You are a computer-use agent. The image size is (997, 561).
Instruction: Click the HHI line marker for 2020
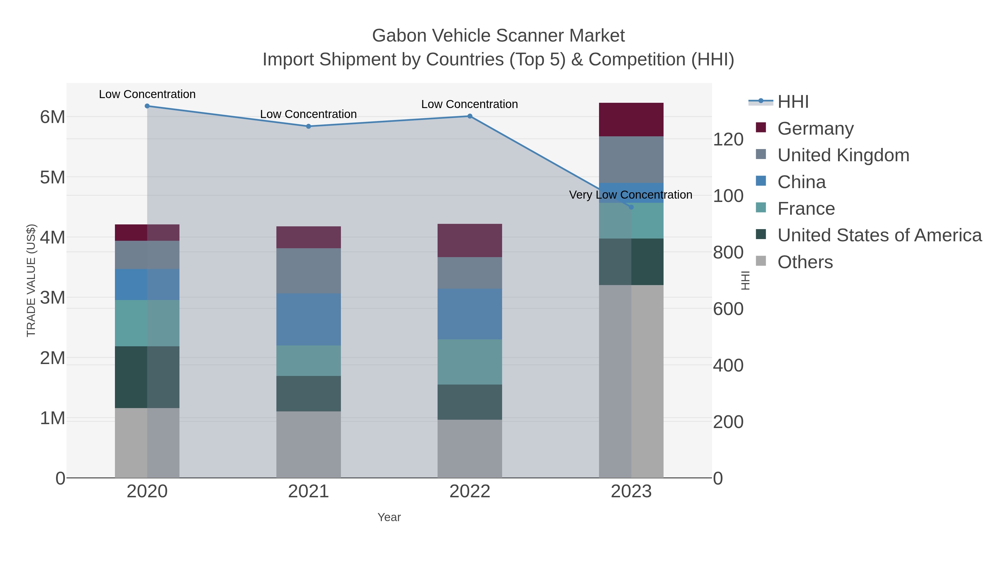pos(147,106)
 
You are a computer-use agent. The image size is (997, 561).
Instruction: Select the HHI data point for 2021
pos(309,126)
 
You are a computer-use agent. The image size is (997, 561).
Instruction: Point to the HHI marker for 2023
pos(631,207)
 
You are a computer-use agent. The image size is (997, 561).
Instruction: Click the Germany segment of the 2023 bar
pos(631,120)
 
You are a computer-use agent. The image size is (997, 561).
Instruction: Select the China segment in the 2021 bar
pos(309,319)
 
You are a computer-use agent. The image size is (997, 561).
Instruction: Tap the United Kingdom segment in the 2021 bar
pos(309,271)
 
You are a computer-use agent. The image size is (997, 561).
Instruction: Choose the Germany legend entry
pos(815,129)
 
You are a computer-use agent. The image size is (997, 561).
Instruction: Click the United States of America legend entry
pos(879,235)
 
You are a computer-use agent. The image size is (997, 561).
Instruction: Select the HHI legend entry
pos(793,102)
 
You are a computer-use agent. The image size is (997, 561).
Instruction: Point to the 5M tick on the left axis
pos(53,177)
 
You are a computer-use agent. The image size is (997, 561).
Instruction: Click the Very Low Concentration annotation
pos(631,195)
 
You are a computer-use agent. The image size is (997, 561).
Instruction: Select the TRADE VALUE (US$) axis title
pos(31,280)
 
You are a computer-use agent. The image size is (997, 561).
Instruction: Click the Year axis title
pos(389,517)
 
